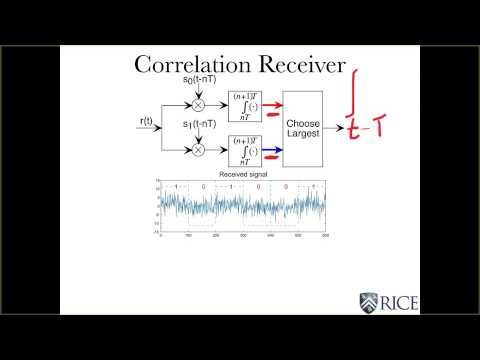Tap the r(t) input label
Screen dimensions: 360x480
pyautogui.click(x=147, y=122)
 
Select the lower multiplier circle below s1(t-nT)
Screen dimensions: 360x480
pyautogui.click(x=197, y=149)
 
